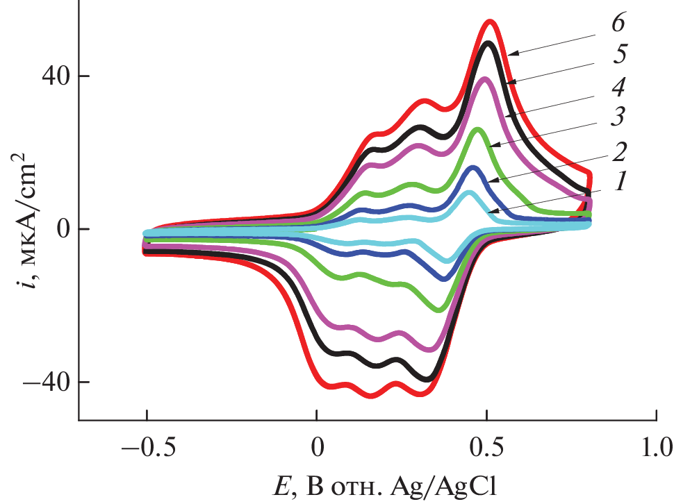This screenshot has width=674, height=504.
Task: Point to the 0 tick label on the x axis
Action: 317,444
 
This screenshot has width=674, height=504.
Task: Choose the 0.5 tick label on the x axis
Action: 486,444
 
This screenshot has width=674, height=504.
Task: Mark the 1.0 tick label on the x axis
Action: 657,444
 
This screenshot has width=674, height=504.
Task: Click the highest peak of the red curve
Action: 491,23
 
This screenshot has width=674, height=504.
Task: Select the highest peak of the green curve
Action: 477,130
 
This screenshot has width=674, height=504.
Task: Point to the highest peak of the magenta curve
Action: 486,78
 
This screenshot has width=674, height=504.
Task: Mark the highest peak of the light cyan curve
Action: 470,192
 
